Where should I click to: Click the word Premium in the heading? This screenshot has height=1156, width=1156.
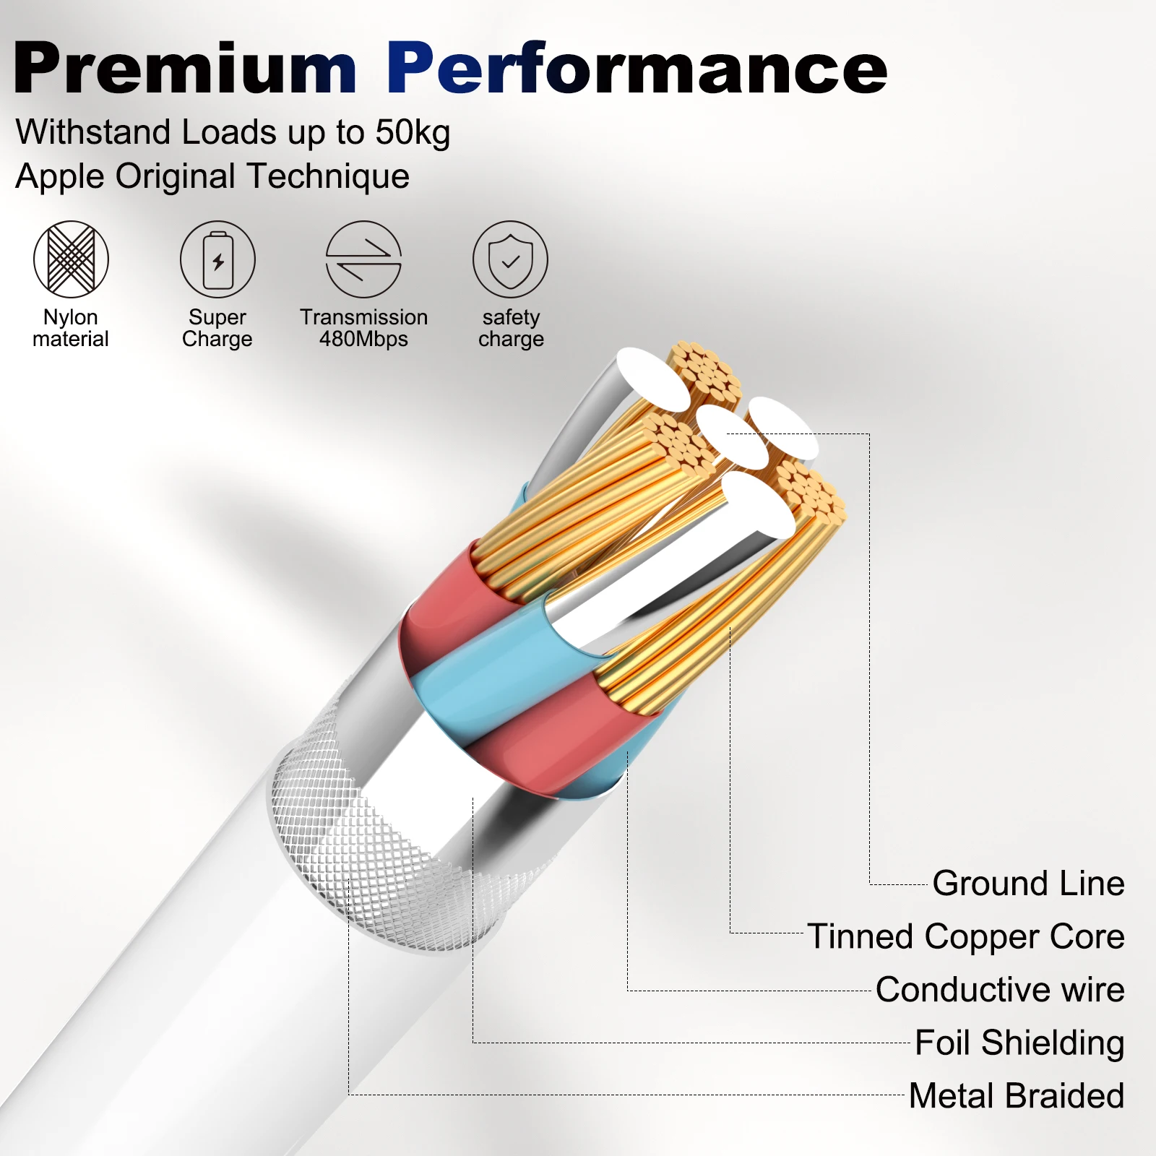click(185, 69)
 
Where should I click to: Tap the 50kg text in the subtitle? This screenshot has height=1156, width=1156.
click(413, 133)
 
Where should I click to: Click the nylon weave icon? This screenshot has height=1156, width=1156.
click(71, 259)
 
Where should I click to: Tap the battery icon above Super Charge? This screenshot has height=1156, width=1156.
click(217, 259)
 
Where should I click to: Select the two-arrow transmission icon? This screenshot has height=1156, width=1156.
click(363, 259)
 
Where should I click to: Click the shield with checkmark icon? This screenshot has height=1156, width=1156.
click(510, 259)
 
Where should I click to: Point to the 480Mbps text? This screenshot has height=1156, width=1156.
click(363, 339)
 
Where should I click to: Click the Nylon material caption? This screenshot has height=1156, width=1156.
click(71, 328)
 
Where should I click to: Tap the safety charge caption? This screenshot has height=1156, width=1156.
click(511, 328)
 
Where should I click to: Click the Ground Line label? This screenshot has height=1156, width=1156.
click(1028, 883)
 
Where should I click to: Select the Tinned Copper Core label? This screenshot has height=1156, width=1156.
click(966, 936)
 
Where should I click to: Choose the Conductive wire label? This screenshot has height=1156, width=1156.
click(1000, 990)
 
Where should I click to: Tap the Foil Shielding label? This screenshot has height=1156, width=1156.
click(1019, 1043)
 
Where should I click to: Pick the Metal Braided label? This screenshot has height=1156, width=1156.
click(1017, 1095)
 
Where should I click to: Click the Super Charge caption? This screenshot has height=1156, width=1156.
click(217, 328)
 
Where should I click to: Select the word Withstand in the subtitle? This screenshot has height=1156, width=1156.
click(93, 133)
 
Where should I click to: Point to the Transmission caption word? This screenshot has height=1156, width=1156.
click(363, 317)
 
